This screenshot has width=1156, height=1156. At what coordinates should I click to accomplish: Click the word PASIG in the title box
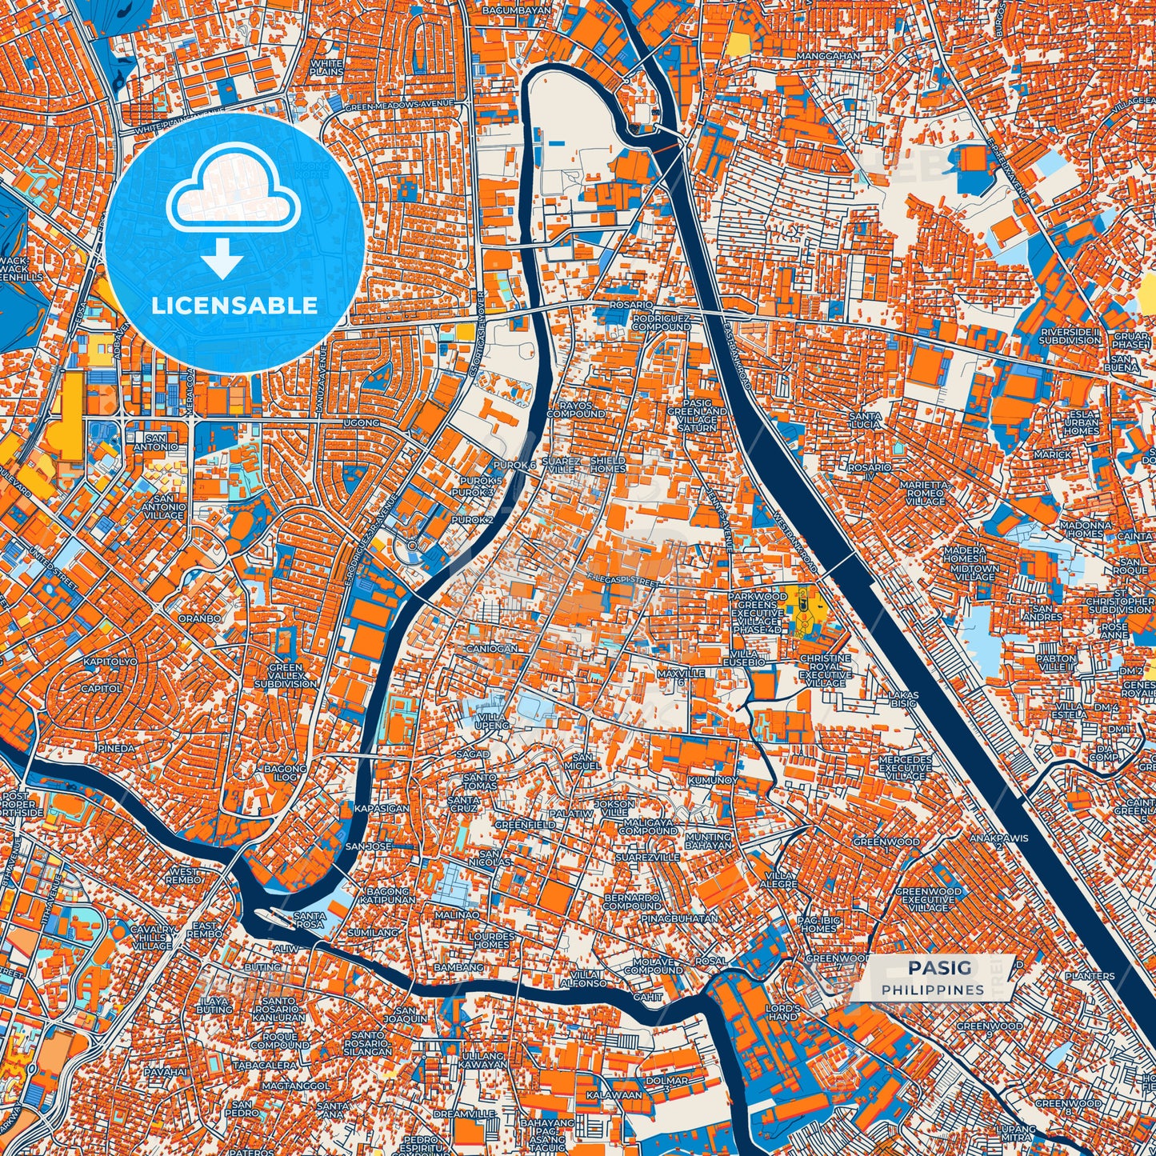[939, 969]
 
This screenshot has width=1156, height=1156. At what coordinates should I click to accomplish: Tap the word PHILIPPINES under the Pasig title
[933, 990]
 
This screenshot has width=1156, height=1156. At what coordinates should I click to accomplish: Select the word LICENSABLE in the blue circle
[235, 306]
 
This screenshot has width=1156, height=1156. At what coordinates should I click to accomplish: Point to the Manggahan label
[828, 56]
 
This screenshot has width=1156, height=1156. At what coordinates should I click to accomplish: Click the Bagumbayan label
[518, 11]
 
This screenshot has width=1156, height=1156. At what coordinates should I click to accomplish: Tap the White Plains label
[326, 67]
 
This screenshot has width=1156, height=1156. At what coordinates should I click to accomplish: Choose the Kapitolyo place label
[110, 662]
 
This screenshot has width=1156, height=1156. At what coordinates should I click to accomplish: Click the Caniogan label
[491, 649]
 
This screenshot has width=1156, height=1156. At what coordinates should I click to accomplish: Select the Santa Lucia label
[866, 420]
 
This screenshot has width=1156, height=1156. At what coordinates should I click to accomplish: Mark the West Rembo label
[184, 875]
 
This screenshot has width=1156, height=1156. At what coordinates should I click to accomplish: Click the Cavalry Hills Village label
[152, 937]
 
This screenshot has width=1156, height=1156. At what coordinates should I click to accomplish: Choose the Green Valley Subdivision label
[286, 675]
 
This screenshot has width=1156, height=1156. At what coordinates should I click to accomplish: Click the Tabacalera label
[265, 1066]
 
